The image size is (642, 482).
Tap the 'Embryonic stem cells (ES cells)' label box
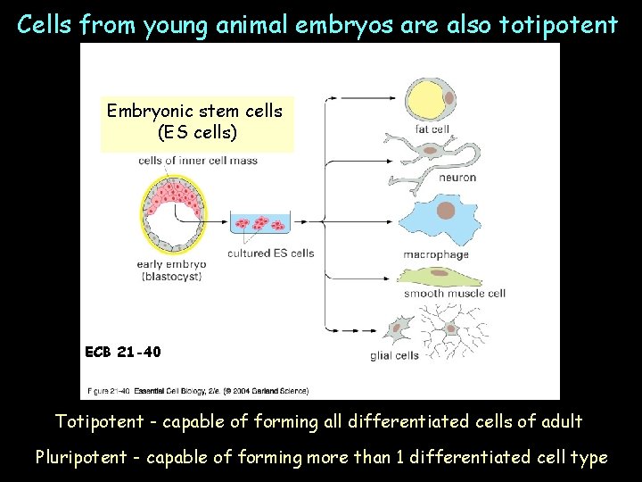click(x=194, y=122)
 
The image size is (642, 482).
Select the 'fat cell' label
click(x=432, y=129)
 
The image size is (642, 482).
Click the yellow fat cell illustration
click(x=431, y=99)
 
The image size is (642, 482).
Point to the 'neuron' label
click(x=457, y=178)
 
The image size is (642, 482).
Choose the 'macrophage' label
click(x=435, y=254)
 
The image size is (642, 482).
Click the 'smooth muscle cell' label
click(x=454, y=293)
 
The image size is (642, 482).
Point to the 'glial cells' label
click(x=394, y=355)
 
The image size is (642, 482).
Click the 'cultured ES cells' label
click(x=270, y=253)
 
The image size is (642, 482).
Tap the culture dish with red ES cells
click(x=260, y=225)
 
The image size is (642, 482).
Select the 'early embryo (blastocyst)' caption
click(x=171, y=270)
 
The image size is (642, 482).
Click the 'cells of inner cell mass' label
click(x=198, y=161)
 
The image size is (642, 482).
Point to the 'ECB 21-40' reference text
click(x=123, y=352)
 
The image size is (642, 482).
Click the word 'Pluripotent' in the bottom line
click(x=81, y=458)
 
